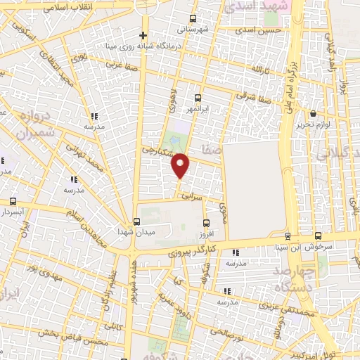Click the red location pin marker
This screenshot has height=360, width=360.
pos(181,165)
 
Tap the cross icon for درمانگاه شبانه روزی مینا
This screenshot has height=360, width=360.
pos(143,35)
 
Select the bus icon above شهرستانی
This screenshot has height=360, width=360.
pos(193,19)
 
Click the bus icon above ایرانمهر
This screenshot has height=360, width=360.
pos(197,98)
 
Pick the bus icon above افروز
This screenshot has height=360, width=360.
pos(205,220)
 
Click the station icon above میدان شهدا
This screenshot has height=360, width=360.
pos(136,221)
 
